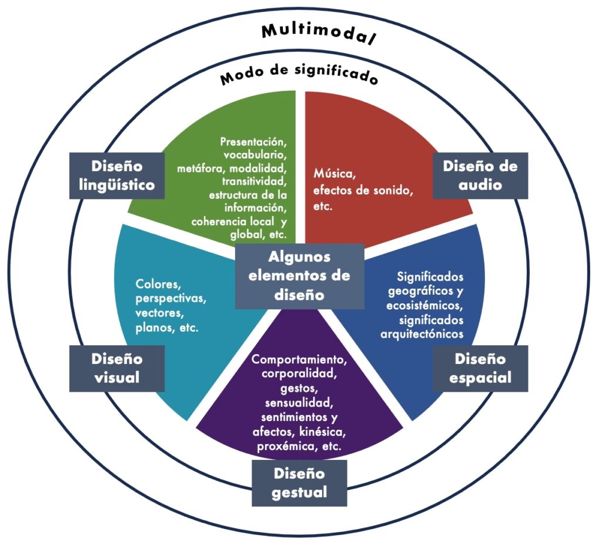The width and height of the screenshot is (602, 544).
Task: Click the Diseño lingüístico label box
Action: coord(117,175)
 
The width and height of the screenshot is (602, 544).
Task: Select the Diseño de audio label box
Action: coord(480,175)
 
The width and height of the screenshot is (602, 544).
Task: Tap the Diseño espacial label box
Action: coord(480,368)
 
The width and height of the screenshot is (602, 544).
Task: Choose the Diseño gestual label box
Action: coord(299,482)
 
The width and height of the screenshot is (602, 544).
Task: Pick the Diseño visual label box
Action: coord(117,368)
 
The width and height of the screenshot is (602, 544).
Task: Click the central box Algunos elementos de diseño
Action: coord(299,276)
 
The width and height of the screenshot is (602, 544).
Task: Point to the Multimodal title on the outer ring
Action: coord(318,34)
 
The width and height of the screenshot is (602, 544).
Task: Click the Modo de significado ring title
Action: coord(299,76)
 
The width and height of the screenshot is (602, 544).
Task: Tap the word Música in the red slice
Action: coord(333,175)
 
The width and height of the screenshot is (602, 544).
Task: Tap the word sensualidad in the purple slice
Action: coord(299,403)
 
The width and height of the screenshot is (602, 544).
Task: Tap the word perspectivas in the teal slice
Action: coord(171,298)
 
